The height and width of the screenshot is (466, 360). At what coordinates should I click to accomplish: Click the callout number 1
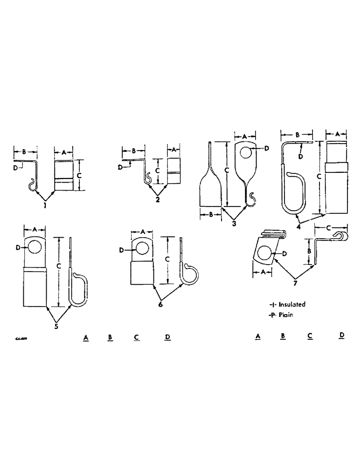(45, 205)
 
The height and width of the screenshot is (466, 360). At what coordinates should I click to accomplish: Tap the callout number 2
(158, 200)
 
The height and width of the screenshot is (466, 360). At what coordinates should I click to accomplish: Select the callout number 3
(234, 224)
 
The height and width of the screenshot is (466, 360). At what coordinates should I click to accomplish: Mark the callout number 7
(295, 282)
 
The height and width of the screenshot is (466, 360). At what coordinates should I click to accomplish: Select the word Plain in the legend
(286, 315)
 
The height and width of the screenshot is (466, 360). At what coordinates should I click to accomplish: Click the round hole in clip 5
(34, 247)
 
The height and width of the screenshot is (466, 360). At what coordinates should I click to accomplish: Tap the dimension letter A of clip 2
(173, 150)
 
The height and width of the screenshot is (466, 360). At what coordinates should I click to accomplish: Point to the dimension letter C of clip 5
(58, 266)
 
